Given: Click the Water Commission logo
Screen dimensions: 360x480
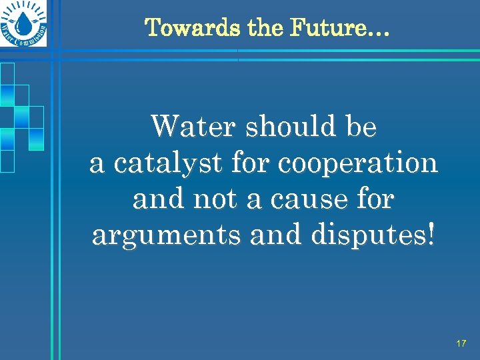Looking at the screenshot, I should click(24, 24).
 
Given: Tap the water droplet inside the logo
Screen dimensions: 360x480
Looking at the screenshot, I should click(24, 23).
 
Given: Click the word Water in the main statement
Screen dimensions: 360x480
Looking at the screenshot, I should click(193, 126).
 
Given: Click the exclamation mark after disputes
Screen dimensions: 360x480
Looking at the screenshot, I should click(431, 234).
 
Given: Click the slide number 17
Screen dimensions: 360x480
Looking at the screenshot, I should click(461, 343).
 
